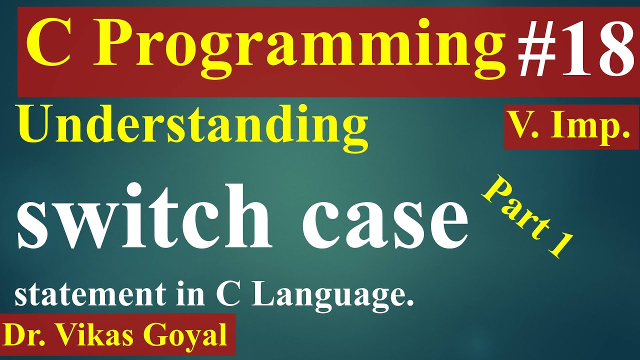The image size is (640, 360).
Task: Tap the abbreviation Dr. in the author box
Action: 27,334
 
